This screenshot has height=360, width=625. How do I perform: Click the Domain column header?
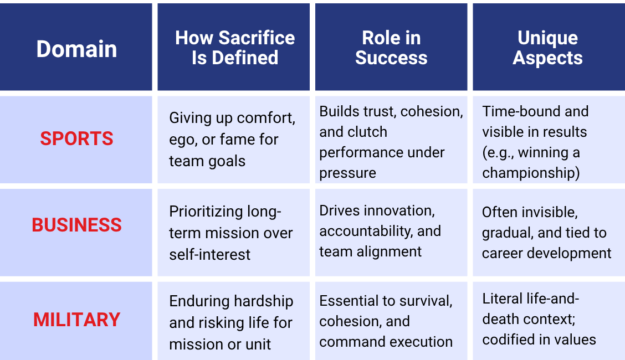click(x=76, y=49)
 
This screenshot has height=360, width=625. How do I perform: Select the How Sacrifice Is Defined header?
click(x=235, y=48)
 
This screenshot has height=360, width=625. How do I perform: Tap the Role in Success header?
click(x=391, y=48)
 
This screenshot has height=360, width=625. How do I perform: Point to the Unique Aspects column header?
click(x=547, y=48)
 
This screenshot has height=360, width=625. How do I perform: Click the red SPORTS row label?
click(x=76, y=138)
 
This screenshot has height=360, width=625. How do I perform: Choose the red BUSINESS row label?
click(x=76, y=225)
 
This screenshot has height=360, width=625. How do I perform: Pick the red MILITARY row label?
click(x=76, y=320)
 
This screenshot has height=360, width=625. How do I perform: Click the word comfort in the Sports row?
click(x=266, y=118)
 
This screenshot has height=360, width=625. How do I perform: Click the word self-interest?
click(x=209, y=254)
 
